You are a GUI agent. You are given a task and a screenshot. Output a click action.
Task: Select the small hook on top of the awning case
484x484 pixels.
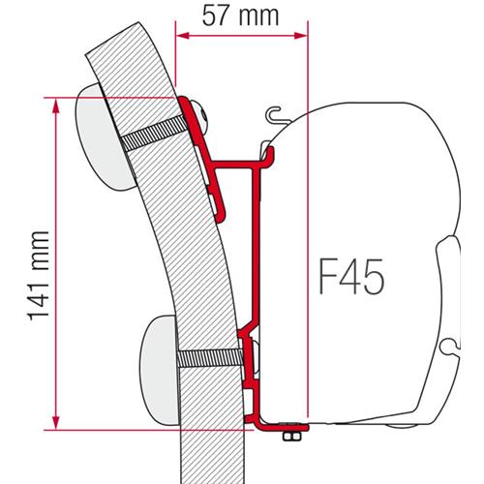pos(281,113)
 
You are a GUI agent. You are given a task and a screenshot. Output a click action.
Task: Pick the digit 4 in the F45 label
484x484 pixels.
pos(349,277)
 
